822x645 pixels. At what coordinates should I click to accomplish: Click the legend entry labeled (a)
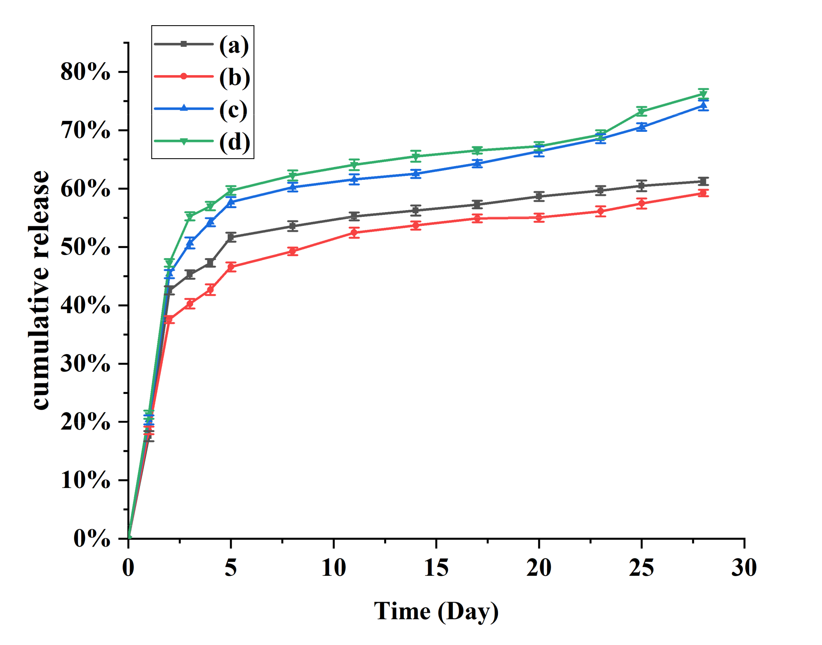pos(234,45)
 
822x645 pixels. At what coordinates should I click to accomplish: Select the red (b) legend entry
pos(234,77)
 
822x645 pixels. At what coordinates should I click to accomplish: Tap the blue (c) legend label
pos(233,109)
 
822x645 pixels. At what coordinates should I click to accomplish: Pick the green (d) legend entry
pos(234,142)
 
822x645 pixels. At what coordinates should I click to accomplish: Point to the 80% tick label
pos(85,72)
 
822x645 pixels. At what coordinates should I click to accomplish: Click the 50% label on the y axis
pos(85,248)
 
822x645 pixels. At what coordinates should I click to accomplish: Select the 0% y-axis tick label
pos(92,538)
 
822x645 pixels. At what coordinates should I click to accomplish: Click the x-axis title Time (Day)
pos(436,611)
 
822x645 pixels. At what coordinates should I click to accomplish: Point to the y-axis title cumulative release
pos(40,290)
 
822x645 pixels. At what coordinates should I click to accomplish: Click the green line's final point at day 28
pos(703,94)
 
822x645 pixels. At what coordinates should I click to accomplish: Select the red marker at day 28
pos(703,193)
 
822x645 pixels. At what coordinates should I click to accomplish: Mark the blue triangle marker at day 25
pos(641,127)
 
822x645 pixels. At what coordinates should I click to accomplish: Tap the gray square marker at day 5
pos(231,237)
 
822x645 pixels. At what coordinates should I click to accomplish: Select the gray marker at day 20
pos(539,196)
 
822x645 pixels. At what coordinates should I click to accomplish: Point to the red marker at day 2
pos(170,319)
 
